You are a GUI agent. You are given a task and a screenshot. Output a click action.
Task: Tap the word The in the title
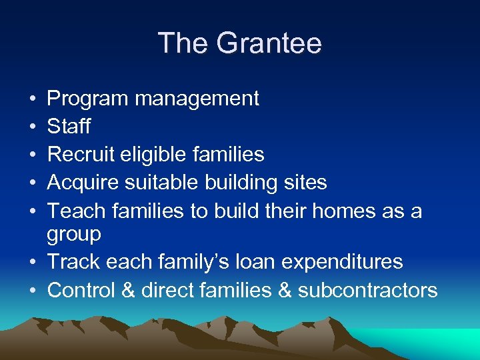coord(181,44)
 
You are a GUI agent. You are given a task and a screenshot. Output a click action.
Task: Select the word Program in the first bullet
coord(87,99)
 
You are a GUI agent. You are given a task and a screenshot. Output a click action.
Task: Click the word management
coord(197,99)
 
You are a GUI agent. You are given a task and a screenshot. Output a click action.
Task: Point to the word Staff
coord(69,127)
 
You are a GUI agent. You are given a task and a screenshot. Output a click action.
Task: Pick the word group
coord(74,235)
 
